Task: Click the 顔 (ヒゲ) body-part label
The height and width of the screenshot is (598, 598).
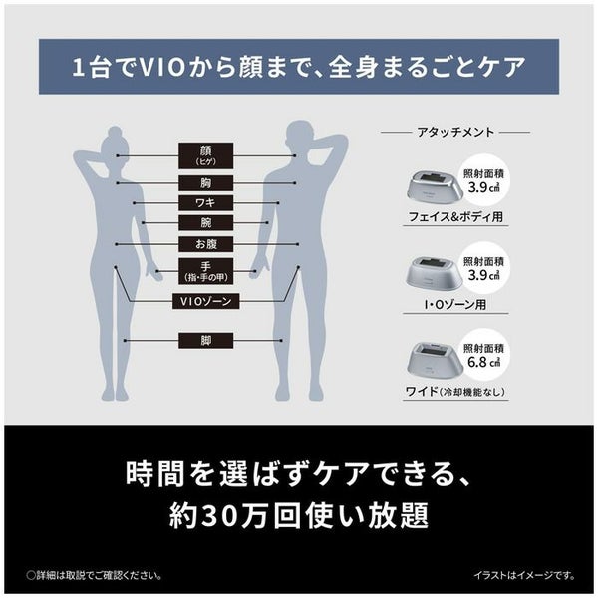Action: pos(206,155)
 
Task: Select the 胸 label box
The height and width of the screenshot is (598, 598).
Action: pos(206,183)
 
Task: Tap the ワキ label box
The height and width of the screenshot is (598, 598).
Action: pos(206,203)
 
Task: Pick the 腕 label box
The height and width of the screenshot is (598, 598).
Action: pos(206,222)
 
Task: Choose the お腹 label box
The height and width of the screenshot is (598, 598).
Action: pos(206,244)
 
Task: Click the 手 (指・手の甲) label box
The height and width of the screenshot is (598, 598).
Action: pos(206,271)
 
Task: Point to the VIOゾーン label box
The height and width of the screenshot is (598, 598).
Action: pos(206,301)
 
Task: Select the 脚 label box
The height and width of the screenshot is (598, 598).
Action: pos(206,341)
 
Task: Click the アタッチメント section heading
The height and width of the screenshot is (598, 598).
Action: pos(455,132)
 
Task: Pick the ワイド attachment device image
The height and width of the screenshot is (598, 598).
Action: pos(434,361)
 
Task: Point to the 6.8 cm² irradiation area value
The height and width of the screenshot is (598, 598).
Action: pos(483,362)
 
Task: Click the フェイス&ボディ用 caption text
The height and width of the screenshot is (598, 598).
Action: pos(455,217)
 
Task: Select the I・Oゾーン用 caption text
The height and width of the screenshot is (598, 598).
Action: pos(455,305)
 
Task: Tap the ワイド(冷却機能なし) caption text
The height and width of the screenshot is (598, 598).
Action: pos(455,392)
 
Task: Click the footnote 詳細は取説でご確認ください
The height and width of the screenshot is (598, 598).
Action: pos(95,575)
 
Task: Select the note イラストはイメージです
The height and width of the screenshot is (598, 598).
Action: pos(524,575)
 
